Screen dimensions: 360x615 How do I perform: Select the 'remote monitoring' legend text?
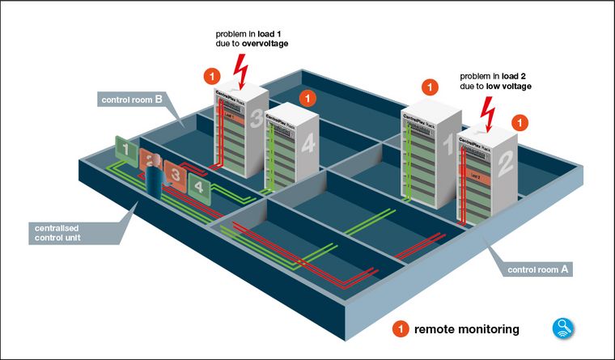(x=466, y=329)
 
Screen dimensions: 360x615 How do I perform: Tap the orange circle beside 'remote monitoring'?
(x=399, y=329)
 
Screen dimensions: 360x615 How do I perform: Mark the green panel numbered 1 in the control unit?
(x=125, y=147)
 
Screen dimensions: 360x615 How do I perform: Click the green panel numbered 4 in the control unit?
(x=199, y=187)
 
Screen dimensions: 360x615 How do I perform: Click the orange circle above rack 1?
(x=430, y=87)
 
